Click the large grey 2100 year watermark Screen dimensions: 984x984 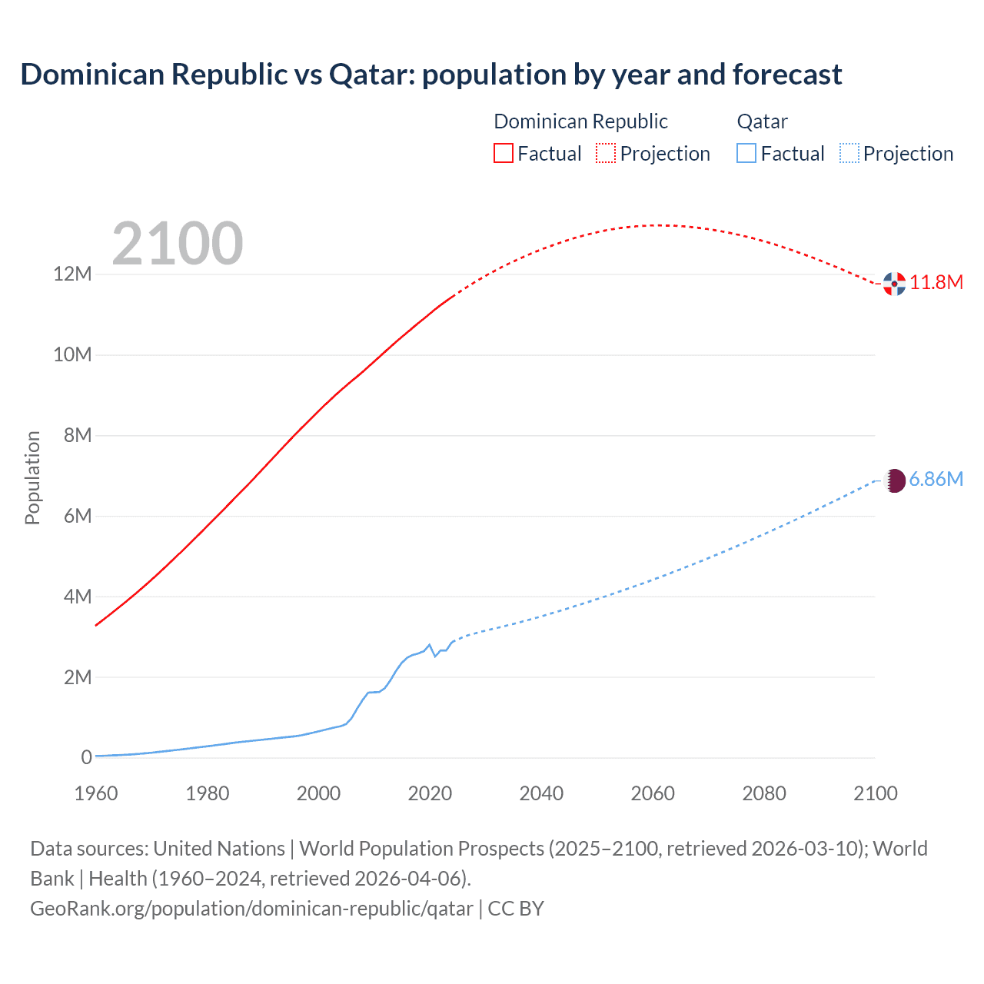(178, 244)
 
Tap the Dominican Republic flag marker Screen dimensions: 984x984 (894, 284)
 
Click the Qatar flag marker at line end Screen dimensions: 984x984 (894, 481)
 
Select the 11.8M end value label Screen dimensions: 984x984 (936, 283)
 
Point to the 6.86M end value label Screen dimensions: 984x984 (936, 480)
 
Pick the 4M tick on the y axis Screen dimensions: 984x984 (77, 597)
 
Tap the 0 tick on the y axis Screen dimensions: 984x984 (86, 758)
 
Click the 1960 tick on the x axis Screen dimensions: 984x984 (96, 793)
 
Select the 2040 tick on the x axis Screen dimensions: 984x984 (541, 793)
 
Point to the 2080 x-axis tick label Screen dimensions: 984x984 (764, 793)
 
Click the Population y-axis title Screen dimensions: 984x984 (32, 477)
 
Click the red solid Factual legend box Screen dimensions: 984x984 (503, 153)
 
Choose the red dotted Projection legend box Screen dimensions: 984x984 (606, 153)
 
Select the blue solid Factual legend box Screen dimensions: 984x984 (746, 153)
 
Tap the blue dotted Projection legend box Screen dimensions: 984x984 (849, 153)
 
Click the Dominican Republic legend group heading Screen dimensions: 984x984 (580, 121)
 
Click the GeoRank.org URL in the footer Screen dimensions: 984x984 (251, 909)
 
